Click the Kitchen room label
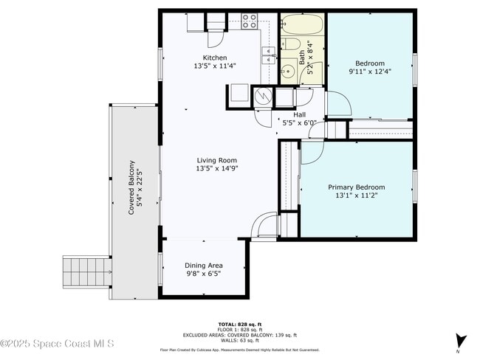click(215, 58)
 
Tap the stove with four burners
click(250, 21)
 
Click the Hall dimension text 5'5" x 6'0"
click(299, 122)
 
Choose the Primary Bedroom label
click(356, 187)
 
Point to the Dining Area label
click(203, 266)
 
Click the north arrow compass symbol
click(461, 341)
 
